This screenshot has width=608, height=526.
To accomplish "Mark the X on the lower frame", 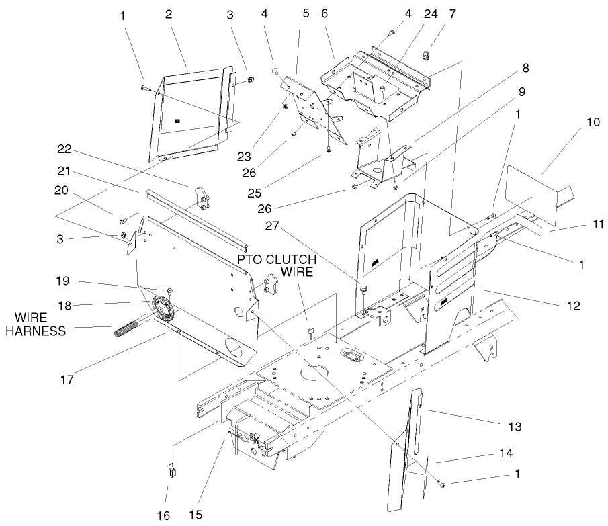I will point(256,439).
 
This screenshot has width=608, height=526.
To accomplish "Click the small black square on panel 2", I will point(177,121).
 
